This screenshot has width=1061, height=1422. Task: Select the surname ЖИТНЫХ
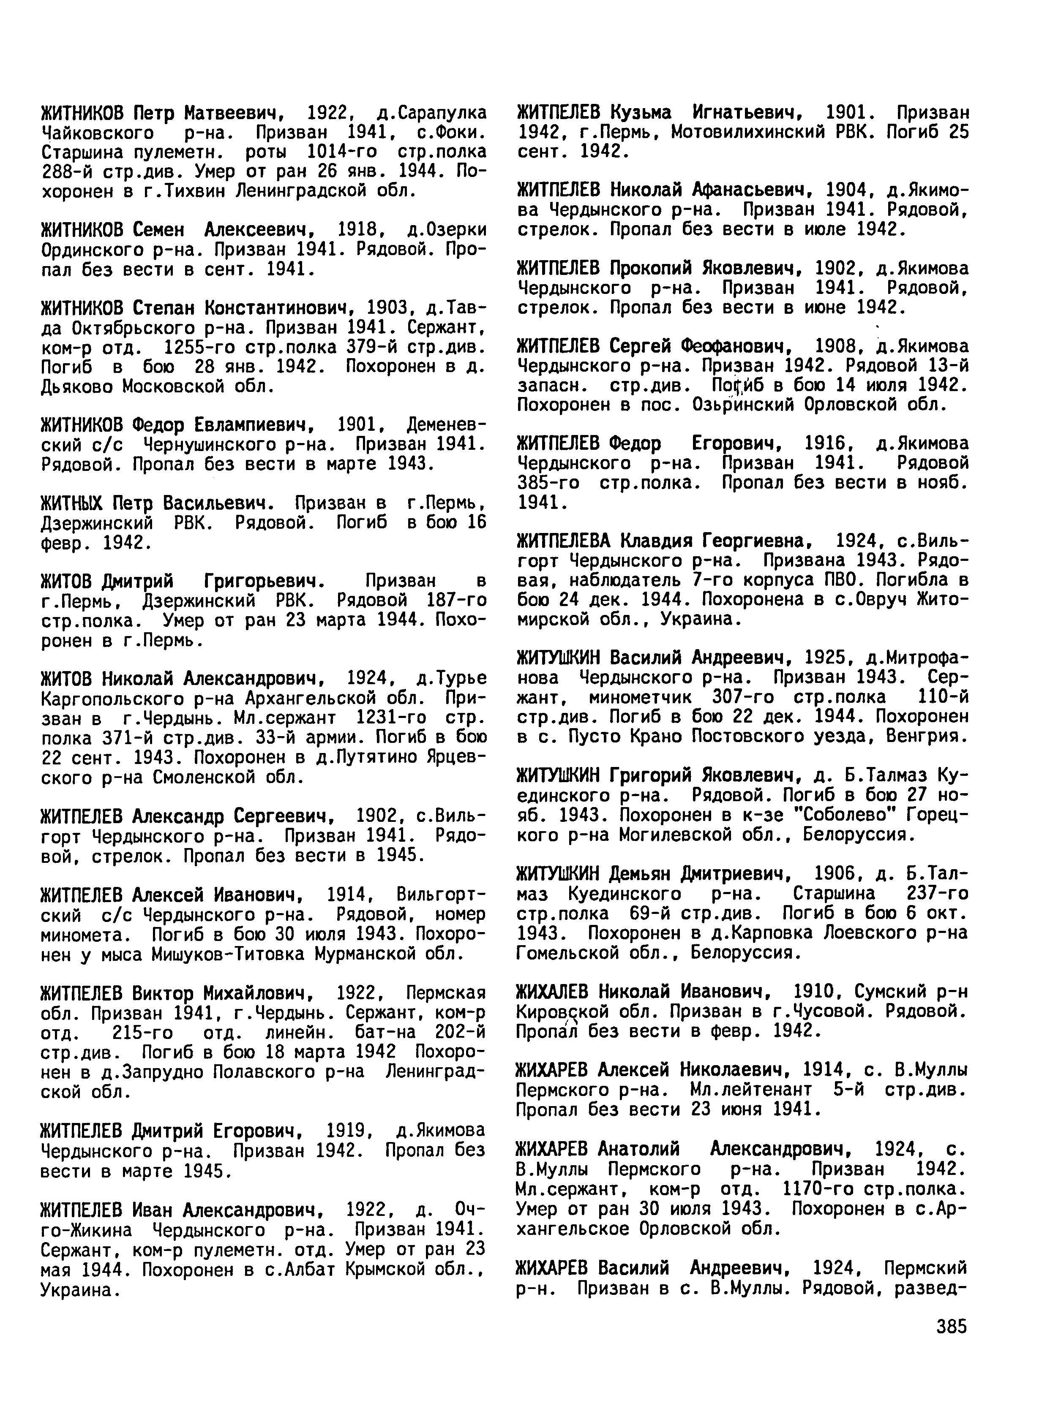point(71,502)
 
